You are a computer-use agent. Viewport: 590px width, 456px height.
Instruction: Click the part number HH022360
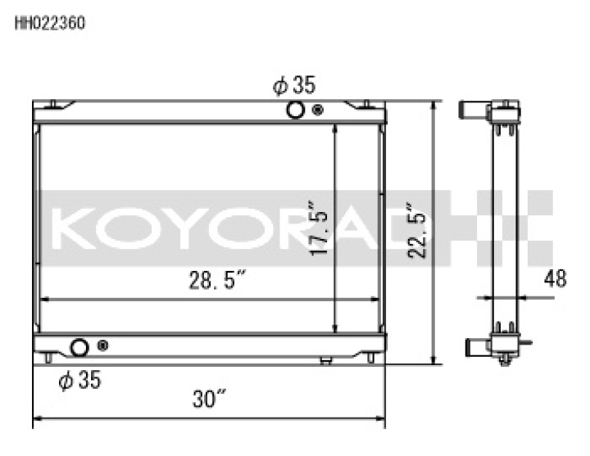pos(49,23)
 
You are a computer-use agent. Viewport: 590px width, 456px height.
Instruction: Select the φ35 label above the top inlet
pos(294,85)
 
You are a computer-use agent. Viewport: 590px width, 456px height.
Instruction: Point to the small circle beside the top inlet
pos(317,111)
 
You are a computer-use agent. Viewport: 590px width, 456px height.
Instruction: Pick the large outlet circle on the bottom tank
pos(79,347)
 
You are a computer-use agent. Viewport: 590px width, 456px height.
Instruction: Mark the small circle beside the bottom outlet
pos(102,346)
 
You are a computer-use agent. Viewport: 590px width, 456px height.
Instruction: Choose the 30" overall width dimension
pos(209,400)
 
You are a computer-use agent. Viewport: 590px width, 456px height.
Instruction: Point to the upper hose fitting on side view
pos(474,109)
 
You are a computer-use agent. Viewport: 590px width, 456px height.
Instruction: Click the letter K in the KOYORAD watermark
pos(74,228)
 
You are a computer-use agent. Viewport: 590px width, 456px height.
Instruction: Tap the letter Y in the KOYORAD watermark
pos(177,228)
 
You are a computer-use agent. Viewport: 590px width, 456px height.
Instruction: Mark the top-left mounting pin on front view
pos(52,104)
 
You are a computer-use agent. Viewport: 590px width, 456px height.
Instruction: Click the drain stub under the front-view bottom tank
pos(326,360)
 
